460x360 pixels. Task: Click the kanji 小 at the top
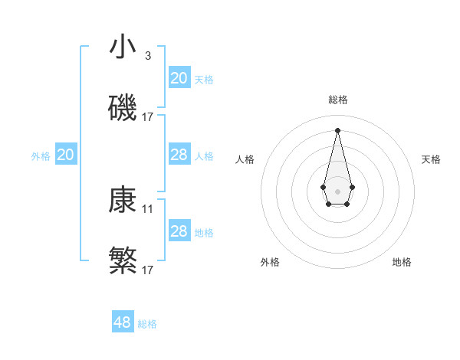[123, 47]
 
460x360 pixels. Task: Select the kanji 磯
[123, 109]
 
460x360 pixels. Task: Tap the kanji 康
[123, 201]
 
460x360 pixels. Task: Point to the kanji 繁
[123, 261]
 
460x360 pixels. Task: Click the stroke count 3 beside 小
[147, 55]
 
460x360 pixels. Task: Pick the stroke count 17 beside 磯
[148, 117]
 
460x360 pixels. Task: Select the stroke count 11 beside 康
[148, 208]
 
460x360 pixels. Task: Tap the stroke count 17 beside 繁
[148, 270]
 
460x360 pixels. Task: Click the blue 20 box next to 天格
[179, 77]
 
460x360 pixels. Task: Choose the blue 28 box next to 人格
[179, 155]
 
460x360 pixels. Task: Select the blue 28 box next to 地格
[179, 231]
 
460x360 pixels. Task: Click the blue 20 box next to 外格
[66, 155]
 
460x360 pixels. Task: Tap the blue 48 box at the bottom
[123, 322]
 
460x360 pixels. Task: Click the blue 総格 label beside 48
[147, 324]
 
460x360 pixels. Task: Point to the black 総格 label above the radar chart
[337, 100]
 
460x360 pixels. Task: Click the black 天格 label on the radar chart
[431, 159]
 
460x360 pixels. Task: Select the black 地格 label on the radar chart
[402, 262]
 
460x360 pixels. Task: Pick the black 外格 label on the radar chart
[270, 262]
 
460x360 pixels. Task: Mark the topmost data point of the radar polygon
[337, 129]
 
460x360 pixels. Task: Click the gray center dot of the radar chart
[337, 190]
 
